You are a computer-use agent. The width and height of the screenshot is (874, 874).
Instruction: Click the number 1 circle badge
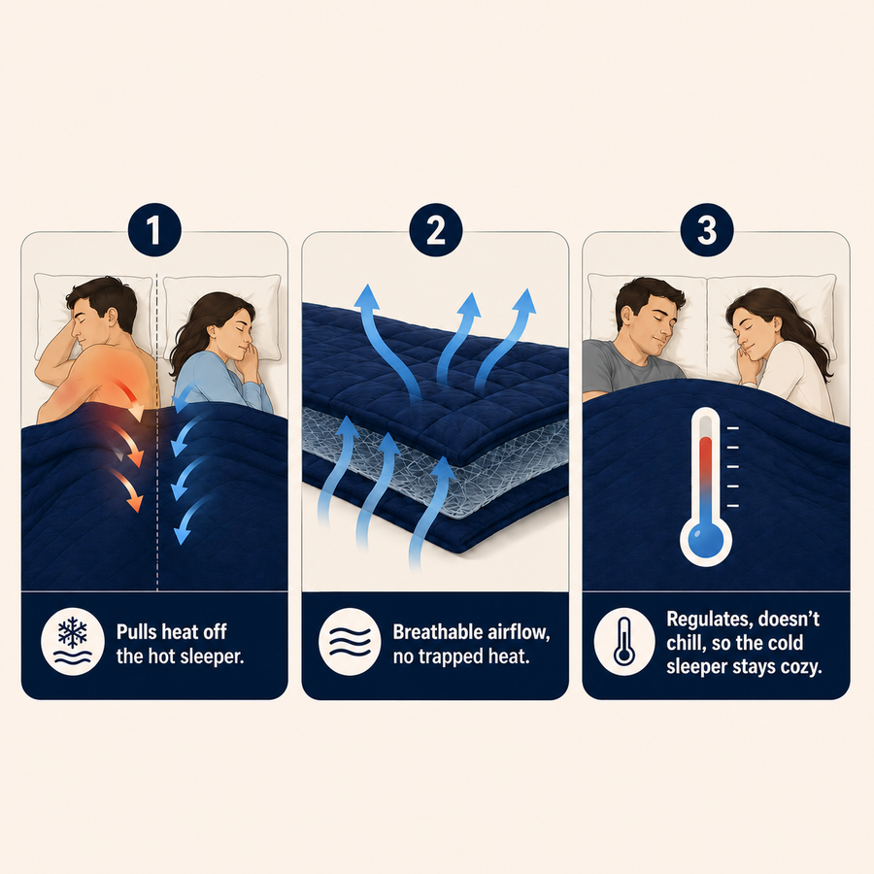coord(154,229)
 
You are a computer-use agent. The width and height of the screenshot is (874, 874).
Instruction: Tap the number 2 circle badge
coord(436,229)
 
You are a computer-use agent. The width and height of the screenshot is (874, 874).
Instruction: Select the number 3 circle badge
coord(707,229)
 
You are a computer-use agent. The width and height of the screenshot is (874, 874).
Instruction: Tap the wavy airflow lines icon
coord(350,642)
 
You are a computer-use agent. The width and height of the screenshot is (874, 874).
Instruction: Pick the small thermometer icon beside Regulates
coord(624,642)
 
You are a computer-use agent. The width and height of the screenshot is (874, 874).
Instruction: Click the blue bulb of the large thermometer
coord(706,540)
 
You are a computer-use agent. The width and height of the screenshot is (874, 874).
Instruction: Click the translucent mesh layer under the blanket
coord(435,462)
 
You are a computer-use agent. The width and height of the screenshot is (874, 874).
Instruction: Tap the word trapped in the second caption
coord(451,656)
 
